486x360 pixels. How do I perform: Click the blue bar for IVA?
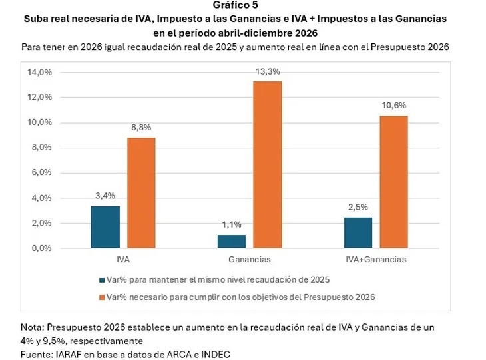point(106,227)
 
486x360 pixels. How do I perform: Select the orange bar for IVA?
point(141,193)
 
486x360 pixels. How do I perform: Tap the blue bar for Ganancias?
point(231,241)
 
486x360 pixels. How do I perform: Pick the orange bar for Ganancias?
point(267,164)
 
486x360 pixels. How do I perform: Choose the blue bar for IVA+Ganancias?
point(358,232)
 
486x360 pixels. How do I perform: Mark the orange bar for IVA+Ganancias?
point(393,182)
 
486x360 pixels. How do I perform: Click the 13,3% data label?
point(267,72)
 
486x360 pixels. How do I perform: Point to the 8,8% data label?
point(141,128)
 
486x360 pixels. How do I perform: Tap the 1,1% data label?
point(232,225)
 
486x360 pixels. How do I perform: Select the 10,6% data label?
point(394,106)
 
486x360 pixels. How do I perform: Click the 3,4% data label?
point(106,196)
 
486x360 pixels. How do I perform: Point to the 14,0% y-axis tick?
point(39,72)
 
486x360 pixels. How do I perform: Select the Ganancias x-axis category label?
point(249,259)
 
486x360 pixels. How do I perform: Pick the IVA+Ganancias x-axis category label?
point(375,259)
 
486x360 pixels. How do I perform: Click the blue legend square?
point(101,280)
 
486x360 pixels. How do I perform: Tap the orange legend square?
point(101,297)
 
